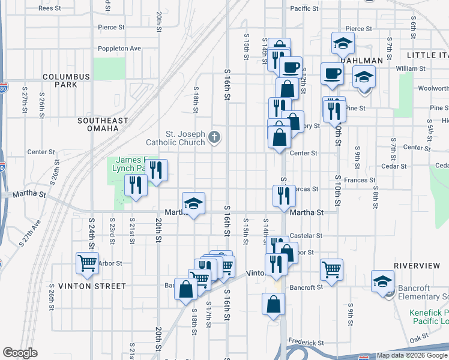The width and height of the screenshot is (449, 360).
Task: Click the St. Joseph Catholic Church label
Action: click(x=176, y=138)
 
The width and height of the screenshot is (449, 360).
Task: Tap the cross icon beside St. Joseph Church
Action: click(x=214, y=139)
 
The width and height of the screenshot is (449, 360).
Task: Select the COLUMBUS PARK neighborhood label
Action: click(x=66, y=80)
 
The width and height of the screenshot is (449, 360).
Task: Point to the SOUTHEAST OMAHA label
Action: click(x=103, y=125)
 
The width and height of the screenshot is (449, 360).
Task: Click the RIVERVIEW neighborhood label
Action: click(x=417, y=265)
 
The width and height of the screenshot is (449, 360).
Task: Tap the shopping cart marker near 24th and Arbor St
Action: click(x=87, y=263)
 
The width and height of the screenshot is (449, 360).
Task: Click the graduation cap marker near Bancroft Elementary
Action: click(x=382, y=281)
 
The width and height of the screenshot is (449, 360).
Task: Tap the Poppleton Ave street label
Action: click(x=120, y=49)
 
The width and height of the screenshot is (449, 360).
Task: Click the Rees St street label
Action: click(x=49, y=8)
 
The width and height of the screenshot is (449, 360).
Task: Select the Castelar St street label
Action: click(x=306, y=236)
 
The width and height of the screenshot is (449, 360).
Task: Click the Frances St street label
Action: click(x=360, y=180)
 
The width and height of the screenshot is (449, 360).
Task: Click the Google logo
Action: click(x=20, y=353)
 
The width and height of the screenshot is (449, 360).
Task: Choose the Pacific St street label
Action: click(x=304, y=8)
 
